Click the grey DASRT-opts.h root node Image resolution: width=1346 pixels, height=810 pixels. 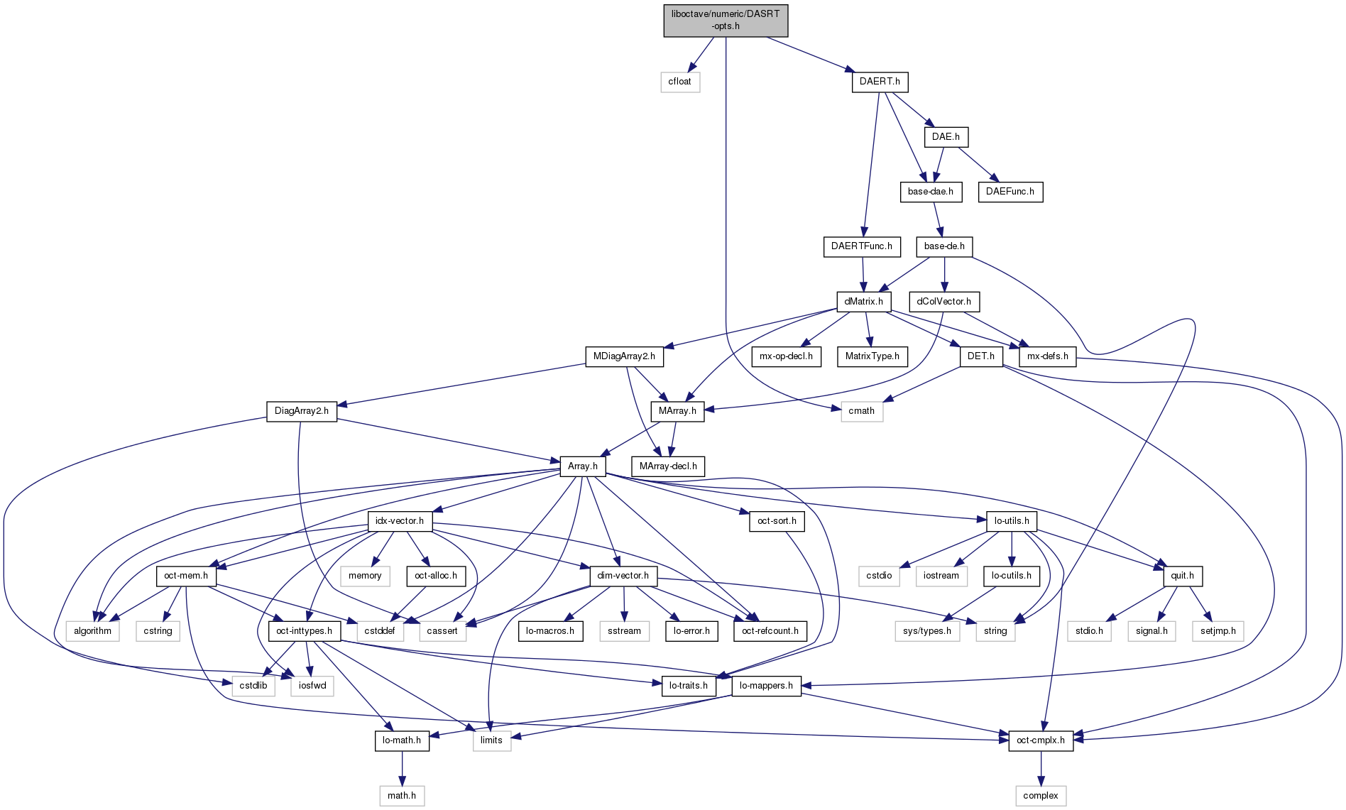coord(726,20)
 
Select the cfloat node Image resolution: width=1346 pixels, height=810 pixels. coord(679,82)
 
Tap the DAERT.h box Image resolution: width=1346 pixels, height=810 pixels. coord(880,82)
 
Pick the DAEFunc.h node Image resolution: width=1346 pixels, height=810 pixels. coord(1010,192)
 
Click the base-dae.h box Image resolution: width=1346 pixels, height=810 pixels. coord(930,192)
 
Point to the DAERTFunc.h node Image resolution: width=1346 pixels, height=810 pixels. coord(862,246)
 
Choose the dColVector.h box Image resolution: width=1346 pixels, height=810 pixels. coord(943,302)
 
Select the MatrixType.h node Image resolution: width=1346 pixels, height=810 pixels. coord(872,356)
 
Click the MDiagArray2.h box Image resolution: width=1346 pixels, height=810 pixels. coord(624,356)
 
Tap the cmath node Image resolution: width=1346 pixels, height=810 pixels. coord(861,411)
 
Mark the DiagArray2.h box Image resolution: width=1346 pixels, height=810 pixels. coord(301,411)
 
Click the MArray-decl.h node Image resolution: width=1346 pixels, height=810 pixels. coord(667,466)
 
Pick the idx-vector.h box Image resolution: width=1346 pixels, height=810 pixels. coord(400,521)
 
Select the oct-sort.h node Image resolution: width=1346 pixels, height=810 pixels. coord(777,521)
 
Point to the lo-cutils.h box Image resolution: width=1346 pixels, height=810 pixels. coord(1011,576)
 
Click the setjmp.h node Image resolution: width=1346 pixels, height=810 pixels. coord(1218,631)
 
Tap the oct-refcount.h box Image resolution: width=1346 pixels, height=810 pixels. coord(770,631)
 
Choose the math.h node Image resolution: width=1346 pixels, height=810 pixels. coord(402,796)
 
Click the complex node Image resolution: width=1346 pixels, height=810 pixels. coord(1040,796)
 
